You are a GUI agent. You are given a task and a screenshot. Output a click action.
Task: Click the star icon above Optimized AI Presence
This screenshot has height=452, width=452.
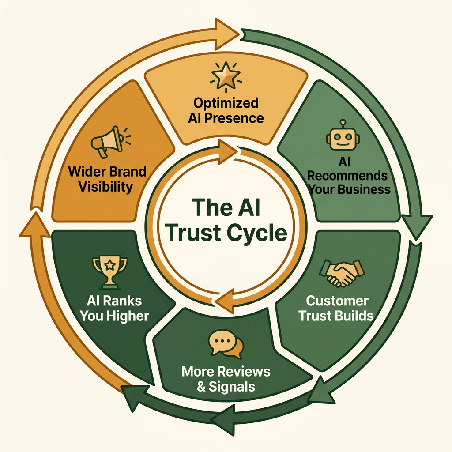click(x=226, y=75)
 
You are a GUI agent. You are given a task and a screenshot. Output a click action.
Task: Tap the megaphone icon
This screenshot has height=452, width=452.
click(x=106, y=141)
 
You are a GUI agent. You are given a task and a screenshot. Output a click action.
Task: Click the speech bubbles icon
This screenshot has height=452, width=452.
click(x=226, y=344)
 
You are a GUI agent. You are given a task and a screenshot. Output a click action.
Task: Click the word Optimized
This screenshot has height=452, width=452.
click(x=226, y=104)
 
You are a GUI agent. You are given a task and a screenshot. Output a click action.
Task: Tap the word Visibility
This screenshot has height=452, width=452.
click(x=105, y=186)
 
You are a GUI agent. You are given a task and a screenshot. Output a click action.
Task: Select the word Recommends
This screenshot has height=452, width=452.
click(x=347, y=176)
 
